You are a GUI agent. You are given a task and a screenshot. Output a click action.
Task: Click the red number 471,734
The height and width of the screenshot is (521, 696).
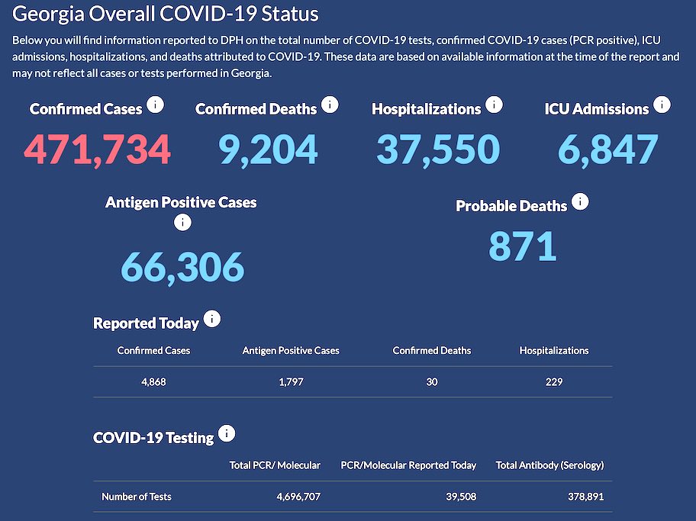pos(98,149)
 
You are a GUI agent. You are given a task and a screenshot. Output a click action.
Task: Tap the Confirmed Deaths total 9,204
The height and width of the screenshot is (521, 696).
pos(268,149)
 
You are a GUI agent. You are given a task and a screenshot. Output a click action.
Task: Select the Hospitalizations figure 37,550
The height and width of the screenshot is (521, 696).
pos(437,149)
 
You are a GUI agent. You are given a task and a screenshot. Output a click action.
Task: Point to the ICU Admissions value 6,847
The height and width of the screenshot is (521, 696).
pos(607,149)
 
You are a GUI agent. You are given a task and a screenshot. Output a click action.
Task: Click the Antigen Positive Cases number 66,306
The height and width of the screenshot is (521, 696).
pos(182,266)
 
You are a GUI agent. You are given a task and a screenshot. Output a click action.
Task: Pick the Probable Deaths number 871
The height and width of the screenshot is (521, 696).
pos(522,246)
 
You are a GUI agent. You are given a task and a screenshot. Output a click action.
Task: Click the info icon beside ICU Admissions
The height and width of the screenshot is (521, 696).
pos(662,105)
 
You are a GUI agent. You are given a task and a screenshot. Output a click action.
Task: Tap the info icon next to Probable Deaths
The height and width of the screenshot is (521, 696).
pos(580,202)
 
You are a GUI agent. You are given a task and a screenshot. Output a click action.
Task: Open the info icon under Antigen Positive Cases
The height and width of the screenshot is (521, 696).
pos(182,223)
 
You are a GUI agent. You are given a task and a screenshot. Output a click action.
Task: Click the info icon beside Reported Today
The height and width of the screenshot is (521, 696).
pos(211,320)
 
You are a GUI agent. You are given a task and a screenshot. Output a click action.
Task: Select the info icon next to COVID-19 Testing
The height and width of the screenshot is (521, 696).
pos(226,434)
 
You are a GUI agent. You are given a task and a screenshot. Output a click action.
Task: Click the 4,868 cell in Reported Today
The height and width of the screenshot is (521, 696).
pos(153,381)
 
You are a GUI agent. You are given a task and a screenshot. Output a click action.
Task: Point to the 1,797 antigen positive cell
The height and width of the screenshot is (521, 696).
pos(291,381)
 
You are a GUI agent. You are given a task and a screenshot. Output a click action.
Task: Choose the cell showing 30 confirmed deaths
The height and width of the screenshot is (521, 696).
pos(432,381)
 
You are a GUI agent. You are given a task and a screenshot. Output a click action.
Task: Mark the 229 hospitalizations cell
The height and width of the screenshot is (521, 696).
pos(553,381)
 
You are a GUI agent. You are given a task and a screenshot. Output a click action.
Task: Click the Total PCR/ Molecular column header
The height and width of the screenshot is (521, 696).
pos(275,465)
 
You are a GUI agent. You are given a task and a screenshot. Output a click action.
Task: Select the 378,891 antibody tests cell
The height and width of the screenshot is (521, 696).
pos(581,497)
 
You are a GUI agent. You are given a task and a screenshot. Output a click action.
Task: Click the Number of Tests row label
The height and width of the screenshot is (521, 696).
pos(137,497)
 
